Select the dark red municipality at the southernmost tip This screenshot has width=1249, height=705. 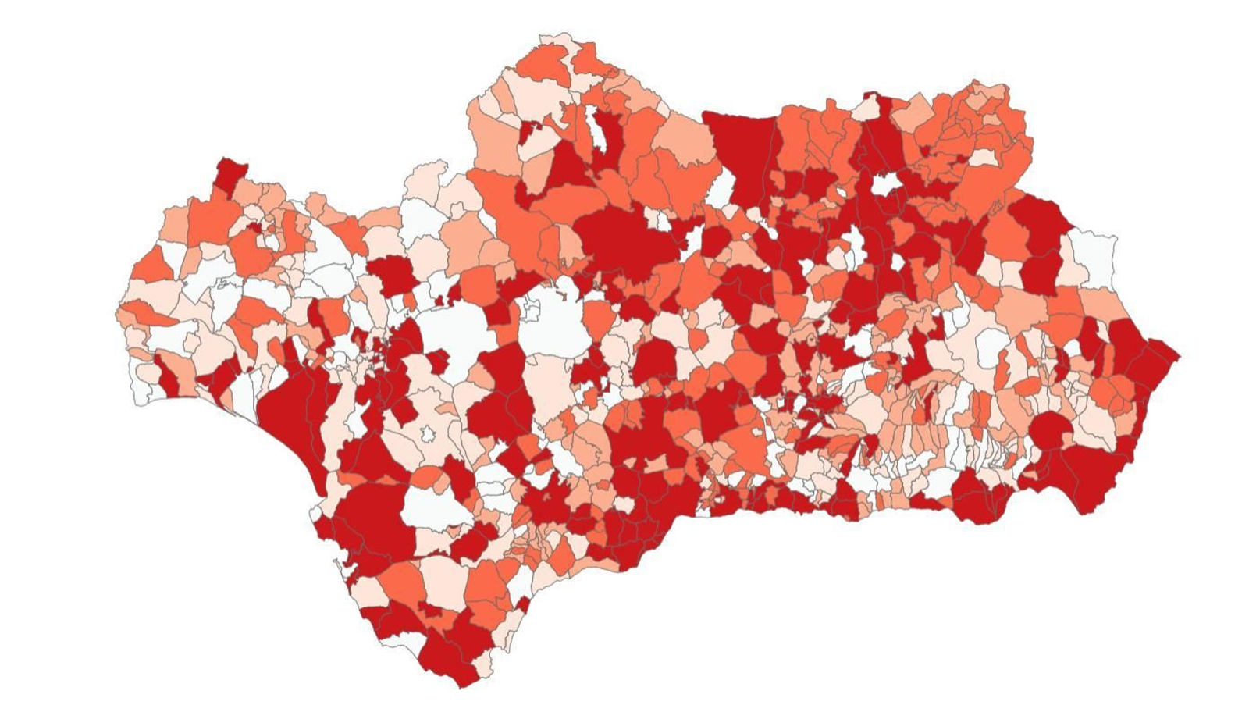coord(449,664)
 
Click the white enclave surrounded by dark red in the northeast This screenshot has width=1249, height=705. coord(884,184)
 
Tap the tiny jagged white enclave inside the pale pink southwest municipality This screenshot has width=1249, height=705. coord(428,433)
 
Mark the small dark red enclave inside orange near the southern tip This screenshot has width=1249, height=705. coord(427,608)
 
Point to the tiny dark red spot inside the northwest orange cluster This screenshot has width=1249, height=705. coord(254,227)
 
